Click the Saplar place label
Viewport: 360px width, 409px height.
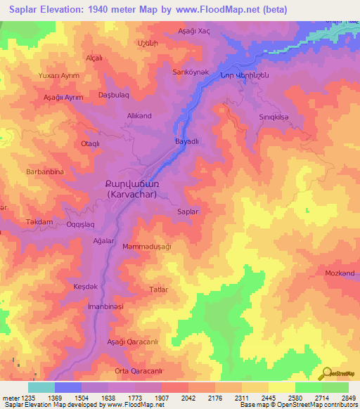[x=188, y=211]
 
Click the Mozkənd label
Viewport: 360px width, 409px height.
[x=340, y=273]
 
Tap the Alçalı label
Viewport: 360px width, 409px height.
[x=94, y=58]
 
